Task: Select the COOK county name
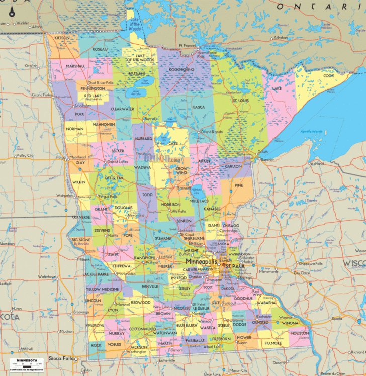(x=328, y=76)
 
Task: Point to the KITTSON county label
(x=62, y=38)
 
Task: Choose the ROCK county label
(x=96, y=345)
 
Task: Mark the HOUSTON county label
(x=299, y=333)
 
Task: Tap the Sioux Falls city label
(x=61, y=358)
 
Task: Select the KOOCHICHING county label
(x=181, y=70)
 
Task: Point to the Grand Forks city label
(x=42, y=94)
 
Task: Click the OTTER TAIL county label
(x=114, y=178)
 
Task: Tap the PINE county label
(x=239, y=185)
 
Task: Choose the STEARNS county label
(x=163, y=237)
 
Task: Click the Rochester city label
(x=263, y=317)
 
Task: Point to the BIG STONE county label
(x=80, y=240)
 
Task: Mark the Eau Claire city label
(x=302, y=273)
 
